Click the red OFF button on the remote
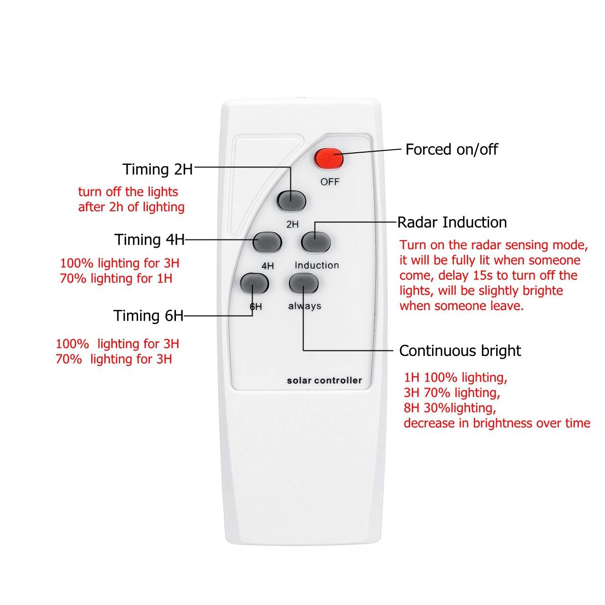tap(329, 159)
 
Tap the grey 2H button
tap(291, 200)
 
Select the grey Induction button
tap(316, 243)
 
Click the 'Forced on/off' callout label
tap(451, 149)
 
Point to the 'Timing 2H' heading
tap(158, 169)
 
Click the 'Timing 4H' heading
tap(150, 239)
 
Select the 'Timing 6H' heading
tap(148, 316)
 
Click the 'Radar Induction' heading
tap(452, 222)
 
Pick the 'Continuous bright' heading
tap(460, 350)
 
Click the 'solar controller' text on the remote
tap(324, 381)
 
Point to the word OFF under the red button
tap(330, 181)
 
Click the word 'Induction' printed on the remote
tap(317, 265)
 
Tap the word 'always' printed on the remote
tap(305, 306)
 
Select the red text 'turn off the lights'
tap(128, 192)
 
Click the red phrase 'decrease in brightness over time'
tap(497, 423)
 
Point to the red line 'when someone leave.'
tap(461, 306)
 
